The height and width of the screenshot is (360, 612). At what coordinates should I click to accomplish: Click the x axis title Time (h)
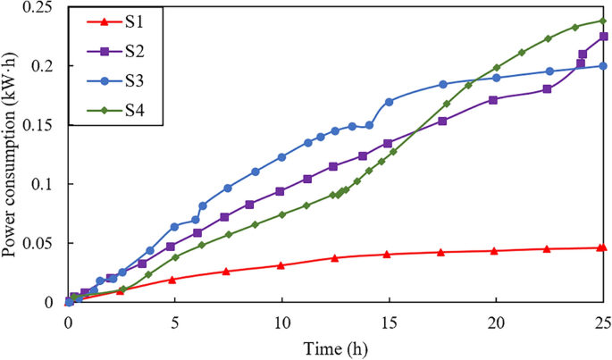[336, 347]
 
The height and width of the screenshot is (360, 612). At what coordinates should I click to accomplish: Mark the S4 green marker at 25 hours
[602, 21]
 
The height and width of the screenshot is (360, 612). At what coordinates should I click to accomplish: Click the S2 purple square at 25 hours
[603, 37]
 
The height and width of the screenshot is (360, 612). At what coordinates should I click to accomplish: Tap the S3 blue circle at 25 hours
[603, 65]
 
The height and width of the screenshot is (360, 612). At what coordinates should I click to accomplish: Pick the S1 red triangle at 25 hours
[603, 247]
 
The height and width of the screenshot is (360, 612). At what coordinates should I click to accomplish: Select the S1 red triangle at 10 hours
[281, 265]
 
